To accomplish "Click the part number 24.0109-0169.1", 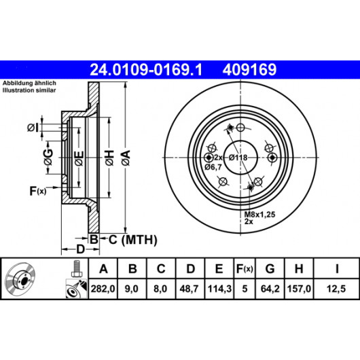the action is [x=146, y=70].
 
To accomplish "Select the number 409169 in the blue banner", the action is [x=249, y=70].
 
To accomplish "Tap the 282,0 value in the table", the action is [x=103, y=289].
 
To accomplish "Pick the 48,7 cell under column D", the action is [x=190, y=289].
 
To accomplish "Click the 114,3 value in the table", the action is [x=219, y=289].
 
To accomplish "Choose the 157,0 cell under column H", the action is [x=299, y=289].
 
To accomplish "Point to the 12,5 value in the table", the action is [x=336, y=289].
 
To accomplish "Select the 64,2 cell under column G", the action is [x=270, y=289].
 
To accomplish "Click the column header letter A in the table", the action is [x=103, y=268].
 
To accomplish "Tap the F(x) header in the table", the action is [x=245, y=268].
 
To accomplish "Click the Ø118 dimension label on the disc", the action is [x=238, y=158].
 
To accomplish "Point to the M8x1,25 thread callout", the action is [x=259, y=215].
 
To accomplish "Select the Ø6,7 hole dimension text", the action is [x=213, y=167].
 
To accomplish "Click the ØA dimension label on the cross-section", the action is [x=126, y=158].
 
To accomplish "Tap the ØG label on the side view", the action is [x=48, y=158].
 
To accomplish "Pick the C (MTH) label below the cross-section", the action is [x=132, y=240].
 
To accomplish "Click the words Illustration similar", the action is [x=29, y=90].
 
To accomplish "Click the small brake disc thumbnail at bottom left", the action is [x=20, y=280].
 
